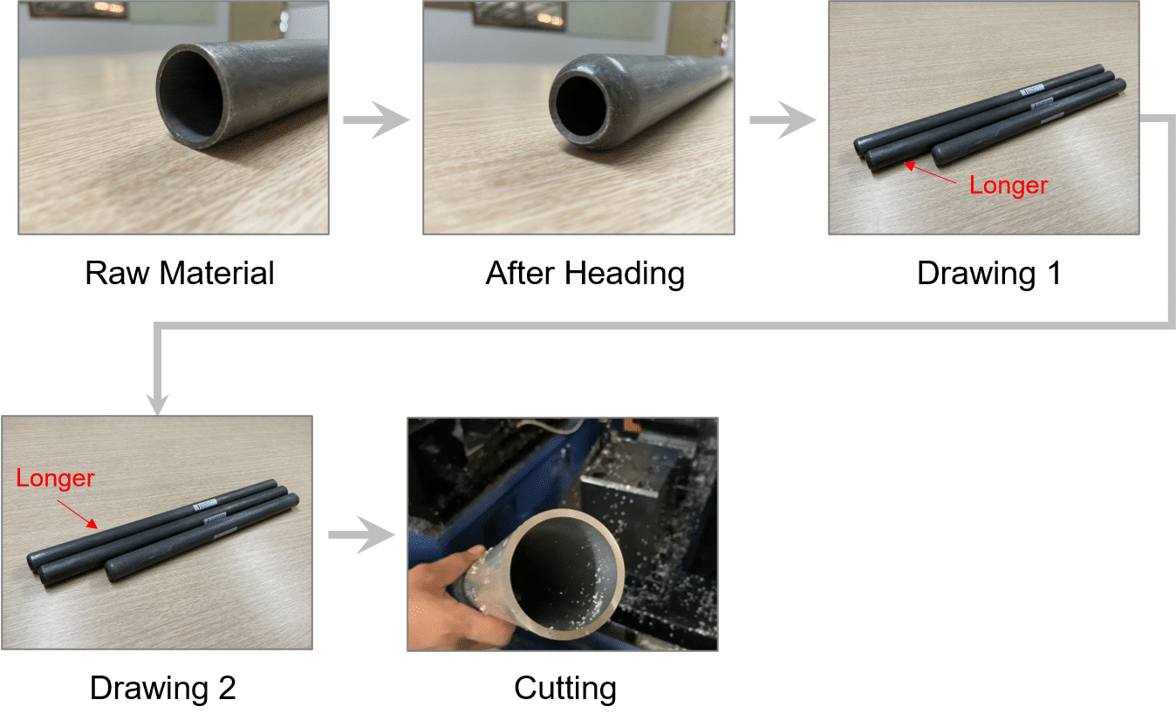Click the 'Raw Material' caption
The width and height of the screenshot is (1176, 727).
coord(180,274)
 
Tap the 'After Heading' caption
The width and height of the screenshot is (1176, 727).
coord(585,274)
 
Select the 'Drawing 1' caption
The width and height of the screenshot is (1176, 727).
coord(989,274)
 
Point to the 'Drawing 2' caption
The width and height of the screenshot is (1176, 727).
coord(163,688)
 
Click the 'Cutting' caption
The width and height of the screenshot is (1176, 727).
coord(565,688)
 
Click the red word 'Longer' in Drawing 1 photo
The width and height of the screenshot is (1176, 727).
coord(1008,186)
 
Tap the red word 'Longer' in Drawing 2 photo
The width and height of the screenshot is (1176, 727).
coord(55,479)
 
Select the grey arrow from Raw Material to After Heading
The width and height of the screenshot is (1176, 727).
coord(376,120)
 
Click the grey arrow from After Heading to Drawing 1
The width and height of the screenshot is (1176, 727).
coord(783,120)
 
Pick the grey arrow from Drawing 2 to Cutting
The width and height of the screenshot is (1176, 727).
coord(361,535)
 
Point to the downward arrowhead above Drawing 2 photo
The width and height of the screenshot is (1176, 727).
coord(158,404)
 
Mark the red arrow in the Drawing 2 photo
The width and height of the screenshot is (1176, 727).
coord(78,514)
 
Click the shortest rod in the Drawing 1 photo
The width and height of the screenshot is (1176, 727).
coord(1029,122)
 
